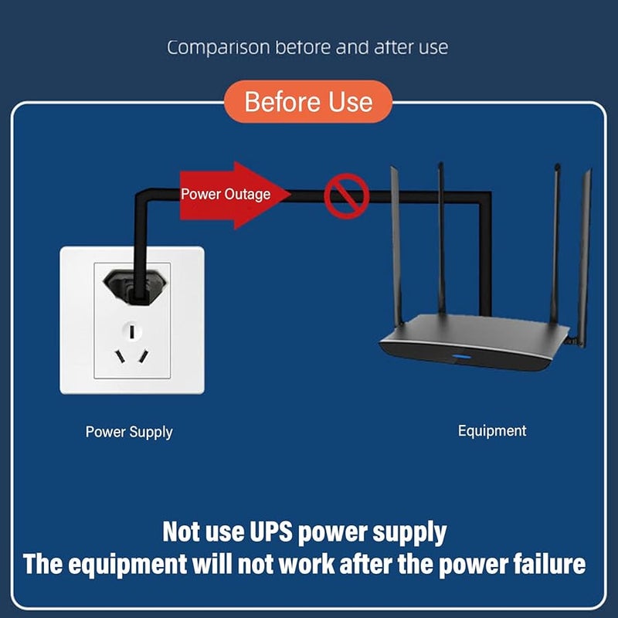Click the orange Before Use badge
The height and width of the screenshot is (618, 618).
(308, 102)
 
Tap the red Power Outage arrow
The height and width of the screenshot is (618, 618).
(232, 195)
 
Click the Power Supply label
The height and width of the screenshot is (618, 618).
(129, 432)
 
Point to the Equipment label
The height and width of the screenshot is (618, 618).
(491, 431)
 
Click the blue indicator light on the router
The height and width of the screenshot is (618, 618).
(463, 358)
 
